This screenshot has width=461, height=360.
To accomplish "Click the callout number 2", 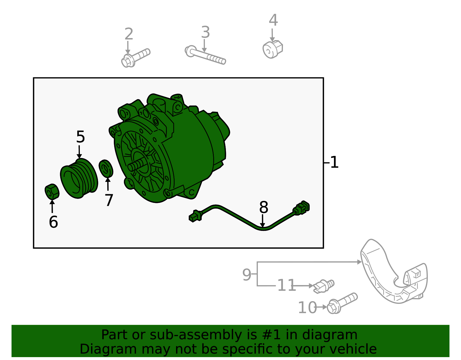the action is coord(129,34).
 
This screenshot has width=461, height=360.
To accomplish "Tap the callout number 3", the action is coord(205,32).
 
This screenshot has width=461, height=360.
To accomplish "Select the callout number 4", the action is coord(273,20).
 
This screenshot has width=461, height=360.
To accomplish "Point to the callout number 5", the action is coord(81,137).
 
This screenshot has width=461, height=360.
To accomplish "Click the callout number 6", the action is coord(53,222).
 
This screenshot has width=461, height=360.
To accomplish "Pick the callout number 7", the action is coord(109,200).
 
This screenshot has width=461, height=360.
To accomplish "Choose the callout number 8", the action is coord(264,207).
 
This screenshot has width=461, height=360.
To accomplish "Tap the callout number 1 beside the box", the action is coord(334,163).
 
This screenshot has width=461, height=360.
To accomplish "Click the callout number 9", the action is coord(247,275).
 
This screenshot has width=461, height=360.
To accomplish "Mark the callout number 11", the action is coord(287,285).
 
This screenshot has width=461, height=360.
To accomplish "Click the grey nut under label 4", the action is coord(273,49).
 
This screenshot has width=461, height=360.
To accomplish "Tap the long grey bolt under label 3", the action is coord(205,55).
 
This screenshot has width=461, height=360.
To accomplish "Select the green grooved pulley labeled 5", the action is coord(79,178).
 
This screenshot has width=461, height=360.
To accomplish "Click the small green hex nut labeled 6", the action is coord(52,192).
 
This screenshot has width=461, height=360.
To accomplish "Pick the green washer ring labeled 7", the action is coord(106,169).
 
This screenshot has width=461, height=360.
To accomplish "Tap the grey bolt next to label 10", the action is coord(342,303).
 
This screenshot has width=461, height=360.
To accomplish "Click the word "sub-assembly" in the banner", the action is coord(196,335).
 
